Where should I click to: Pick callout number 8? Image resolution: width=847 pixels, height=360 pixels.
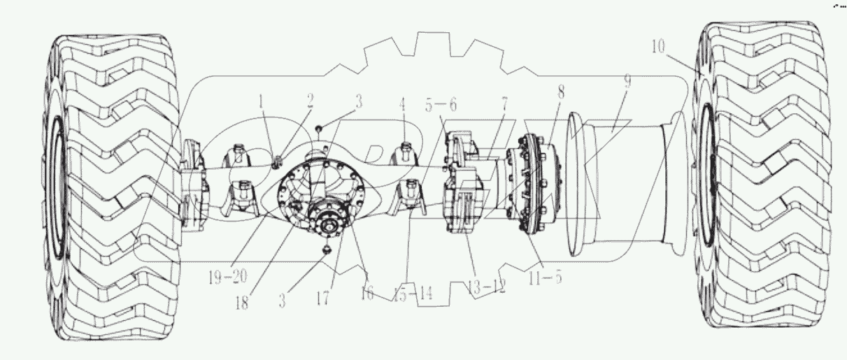[x=561, y=90]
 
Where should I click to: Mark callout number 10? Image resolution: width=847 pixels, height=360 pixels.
[x=657, y=48]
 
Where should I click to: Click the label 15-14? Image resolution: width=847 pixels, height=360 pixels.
[x=412, y=294]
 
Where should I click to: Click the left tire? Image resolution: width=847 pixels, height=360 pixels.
[x=112, y=189]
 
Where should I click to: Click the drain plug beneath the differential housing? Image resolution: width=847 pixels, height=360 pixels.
[x=326, y=250]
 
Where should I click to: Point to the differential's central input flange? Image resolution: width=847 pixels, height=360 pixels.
[x=326, y=225]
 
